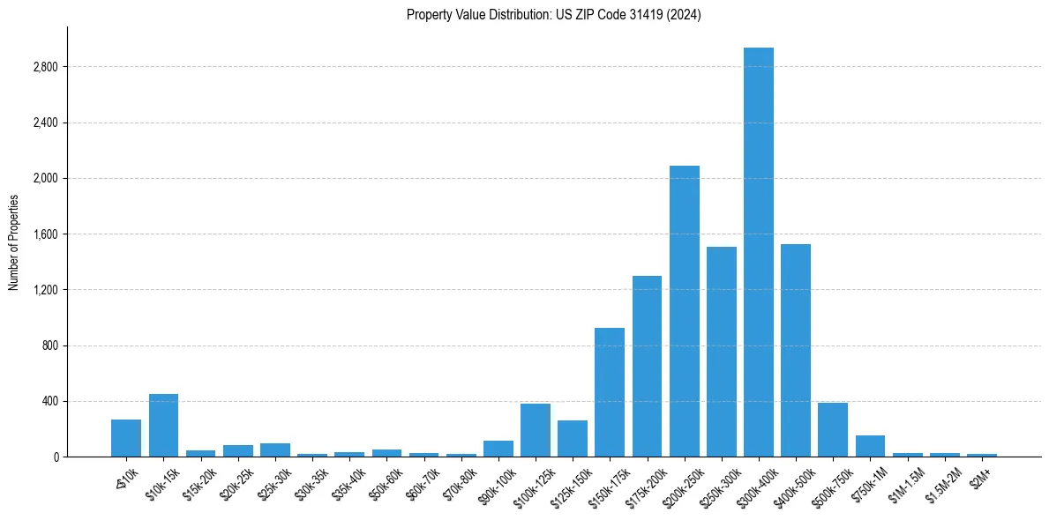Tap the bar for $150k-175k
pyautogui.click(x=610, y=392)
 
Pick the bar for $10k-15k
pyautogui.click(x=163, y=426)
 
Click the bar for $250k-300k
pyautogui.click(x=721, y=352)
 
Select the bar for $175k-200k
pyautogui.click(x=647, y=366)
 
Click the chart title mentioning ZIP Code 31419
pyautogui.click(x=553, y=15)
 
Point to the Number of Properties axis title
pyautogui.click(x=14, y=242)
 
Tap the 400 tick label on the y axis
pyautogui.click(x=49, y=401)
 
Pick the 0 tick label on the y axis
pyautogui.click(x=55, y=457)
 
